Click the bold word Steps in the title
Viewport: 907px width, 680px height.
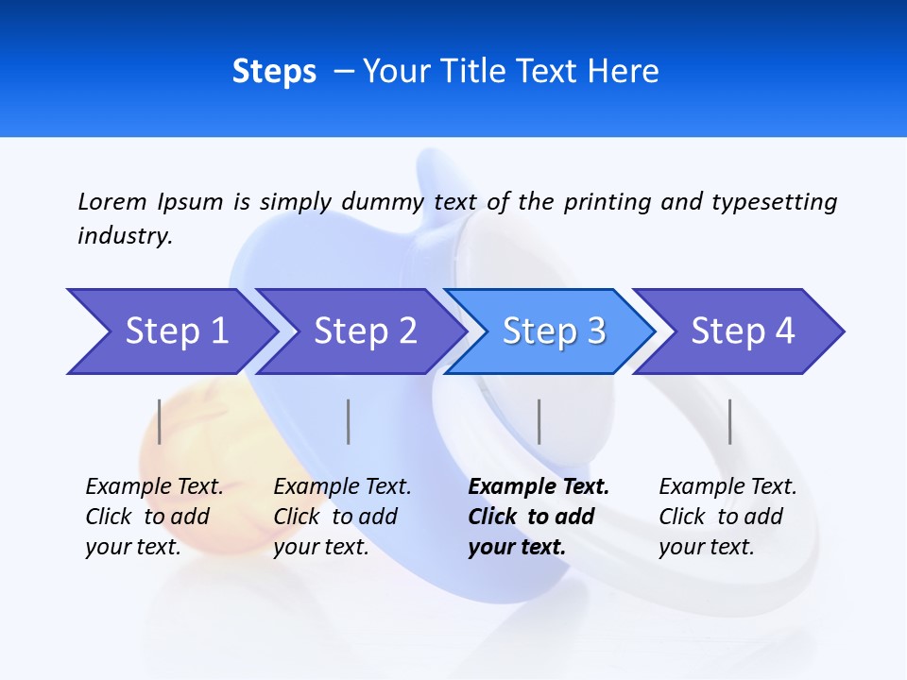tap(274, 72)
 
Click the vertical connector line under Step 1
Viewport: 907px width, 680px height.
tap(160, 421)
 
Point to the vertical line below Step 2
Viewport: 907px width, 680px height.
tap(349, 421)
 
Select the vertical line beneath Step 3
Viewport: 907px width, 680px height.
tap(539, 421)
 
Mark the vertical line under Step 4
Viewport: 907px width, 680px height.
tap(729, 421)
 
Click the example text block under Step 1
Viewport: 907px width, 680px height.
tap(154, 517)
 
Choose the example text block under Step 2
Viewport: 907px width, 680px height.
tap(342, 517)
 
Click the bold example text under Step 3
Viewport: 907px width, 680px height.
tap(539, 517)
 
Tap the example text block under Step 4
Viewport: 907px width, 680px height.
tap(727, 517)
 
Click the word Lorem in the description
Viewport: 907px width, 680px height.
tap(112, 201)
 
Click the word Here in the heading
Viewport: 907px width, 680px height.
tap(624, 72)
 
